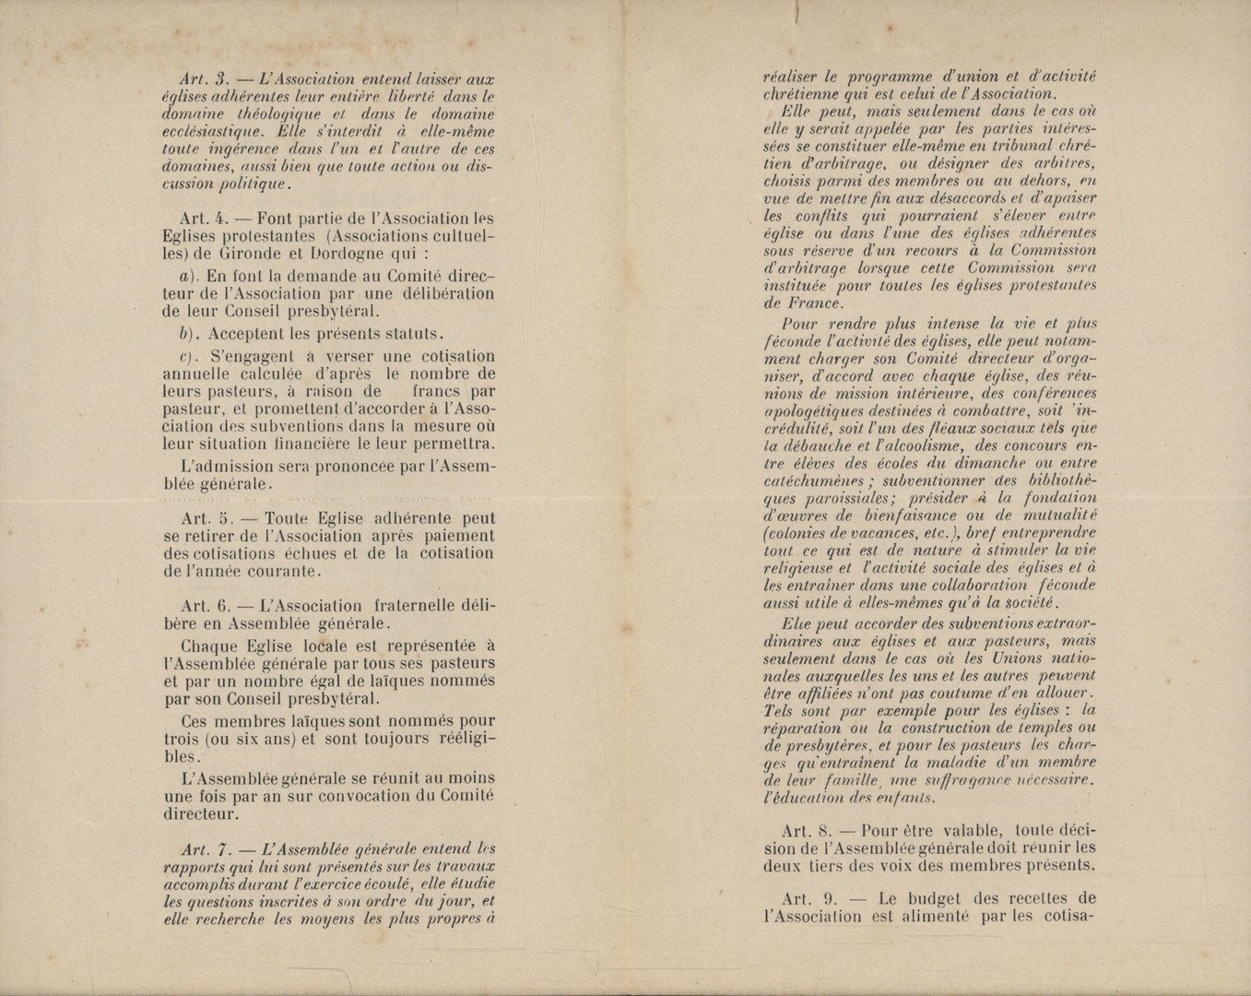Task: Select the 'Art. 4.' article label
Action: pyautogui.click(x=203, y=219)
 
